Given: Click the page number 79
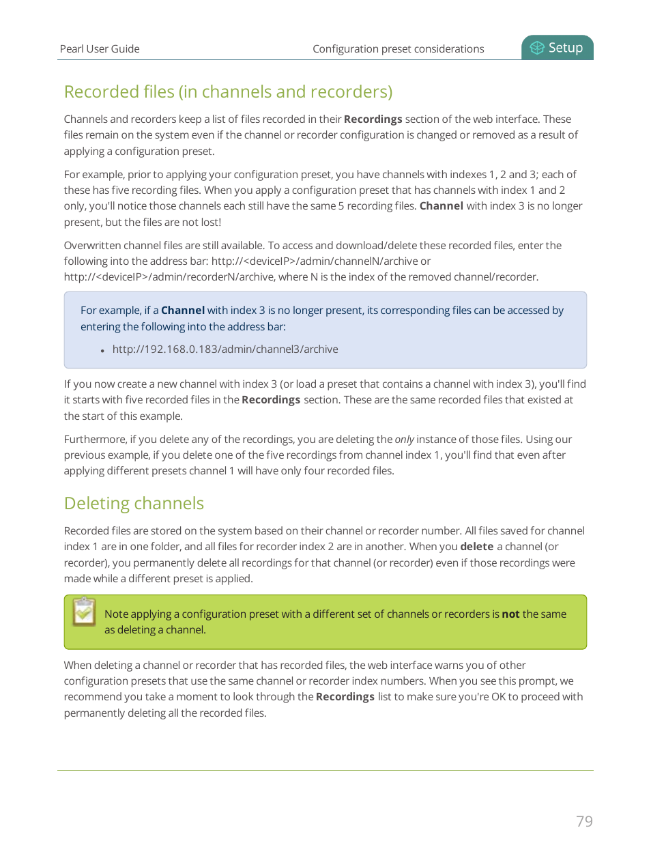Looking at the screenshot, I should click(x=584, y=821).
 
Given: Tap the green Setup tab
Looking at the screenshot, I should click(x=558, y=48).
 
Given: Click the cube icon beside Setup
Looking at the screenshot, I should click(x=537, y=48).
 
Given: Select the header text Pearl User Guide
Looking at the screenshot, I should click(x=100, y=49).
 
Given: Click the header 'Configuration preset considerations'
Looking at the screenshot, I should click(x=398, y=49).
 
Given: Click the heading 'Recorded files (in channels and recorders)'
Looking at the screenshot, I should click(x=228, y=91).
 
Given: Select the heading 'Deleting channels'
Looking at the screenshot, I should click(x=134, y=503).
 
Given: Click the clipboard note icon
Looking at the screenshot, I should click(x=85, y=612).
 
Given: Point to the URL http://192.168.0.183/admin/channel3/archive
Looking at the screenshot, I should click(x=225, y=349).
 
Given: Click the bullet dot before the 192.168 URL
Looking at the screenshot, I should click(x=102, y=351).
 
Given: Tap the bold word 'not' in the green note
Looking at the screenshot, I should click(x=510, y=614).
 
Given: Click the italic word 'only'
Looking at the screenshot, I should click(x=404, y=440).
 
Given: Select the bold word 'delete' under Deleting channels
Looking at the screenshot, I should click(x=476, y=547).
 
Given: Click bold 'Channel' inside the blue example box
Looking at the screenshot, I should click(x=182, y=311).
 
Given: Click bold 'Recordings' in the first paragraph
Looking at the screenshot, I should click(x=373, y=119).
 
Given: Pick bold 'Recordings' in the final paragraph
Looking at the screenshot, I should click(x=345, y=697).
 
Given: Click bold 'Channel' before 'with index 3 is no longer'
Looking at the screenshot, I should click(x=441, y=206).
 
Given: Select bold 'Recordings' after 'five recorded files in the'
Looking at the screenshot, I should click(x=271, y=400).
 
